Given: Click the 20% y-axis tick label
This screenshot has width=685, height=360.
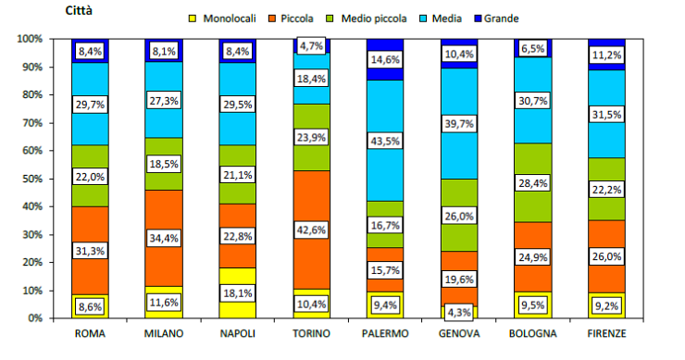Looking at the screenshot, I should tap(31, 262).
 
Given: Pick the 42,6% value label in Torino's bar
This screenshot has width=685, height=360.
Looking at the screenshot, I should tap(312, 230).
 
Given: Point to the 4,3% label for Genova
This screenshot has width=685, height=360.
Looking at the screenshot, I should tap(459, 313).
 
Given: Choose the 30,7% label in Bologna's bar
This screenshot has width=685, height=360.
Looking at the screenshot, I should tap(532, 100).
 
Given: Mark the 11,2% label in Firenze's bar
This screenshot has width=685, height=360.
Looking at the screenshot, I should tap(605, 55).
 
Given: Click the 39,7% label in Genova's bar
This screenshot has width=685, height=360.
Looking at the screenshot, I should tap(459, 123).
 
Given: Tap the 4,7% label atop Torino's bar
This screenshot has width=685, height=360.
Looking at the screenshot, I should tap(312, 44).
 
